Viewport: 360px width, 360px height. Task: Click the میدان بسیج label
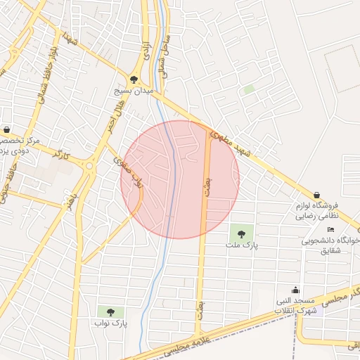134,91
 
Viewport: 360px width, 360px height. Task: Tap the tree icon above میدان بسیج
134,80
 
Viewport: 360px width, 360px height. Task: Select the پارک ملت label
242,245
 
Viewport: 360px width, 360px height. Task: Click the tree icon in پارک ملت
242,234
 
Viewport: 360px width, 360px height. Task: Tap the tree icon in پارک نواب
109,311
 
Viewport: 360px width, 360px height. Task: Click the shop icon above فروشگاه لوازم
316,195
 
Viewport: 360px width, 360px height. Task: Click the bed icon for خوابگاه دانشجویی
331,230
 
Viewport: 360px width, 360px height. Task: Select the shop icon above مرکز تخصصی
7,130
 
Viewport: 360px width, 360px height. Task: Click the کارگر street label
62,155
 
